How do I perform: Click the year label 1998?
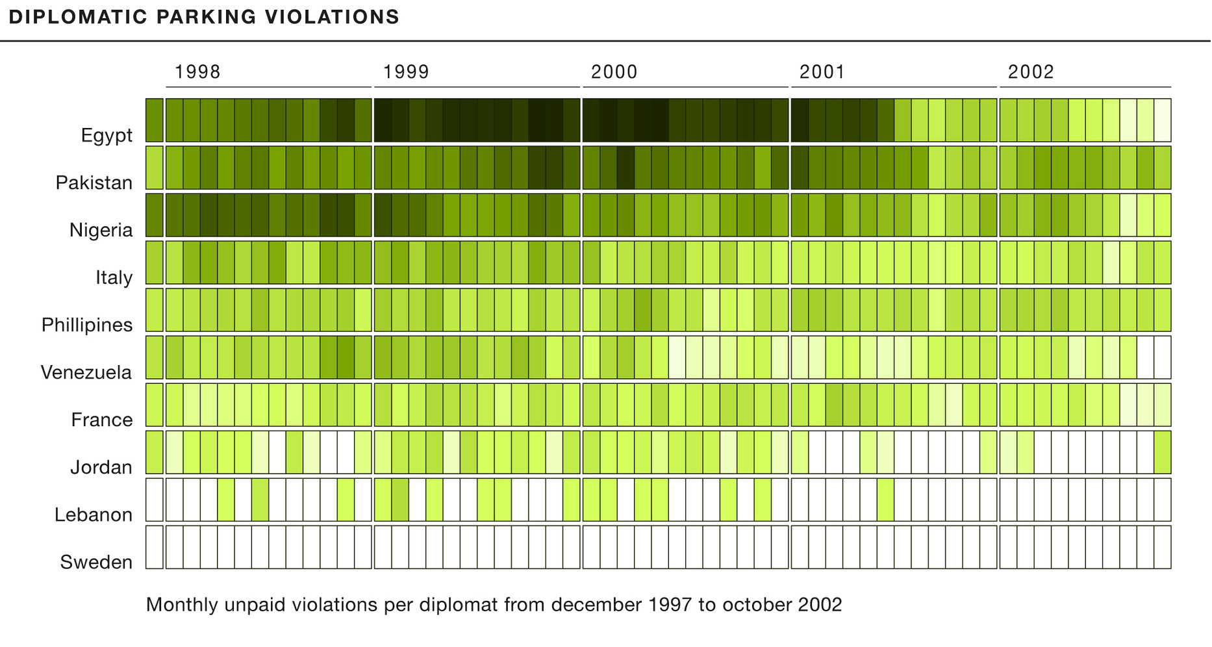(197, 71)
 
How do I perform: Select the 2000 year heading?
(614, 71)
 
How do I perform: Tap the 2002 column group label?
(1031, 71)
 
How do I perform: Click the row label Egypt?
(107, 135)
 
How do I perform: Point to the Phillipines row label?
(87, 325)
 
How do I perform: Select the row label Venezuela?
(86, 372)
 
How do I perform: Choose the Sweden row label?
(96, 562)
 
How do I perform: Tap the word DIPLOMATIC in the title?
(78, 17)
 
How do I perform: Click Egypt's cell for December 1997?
(154, 120)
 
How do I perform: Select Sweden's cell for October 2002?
(1163, 547)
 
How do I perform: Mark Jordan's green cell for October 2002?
(1163, 452)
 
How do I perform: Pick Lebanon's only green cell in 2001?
(885, 500)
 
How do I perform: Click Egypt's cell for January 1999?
(383, 120)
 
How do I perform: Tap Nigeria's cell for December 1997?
(154, 215)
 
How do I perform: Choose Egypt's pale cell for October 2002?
(1163, 120)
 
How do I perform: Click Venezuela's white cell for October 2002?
(1163, 357)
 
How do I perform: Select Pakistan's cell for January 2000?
(591, 168)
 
